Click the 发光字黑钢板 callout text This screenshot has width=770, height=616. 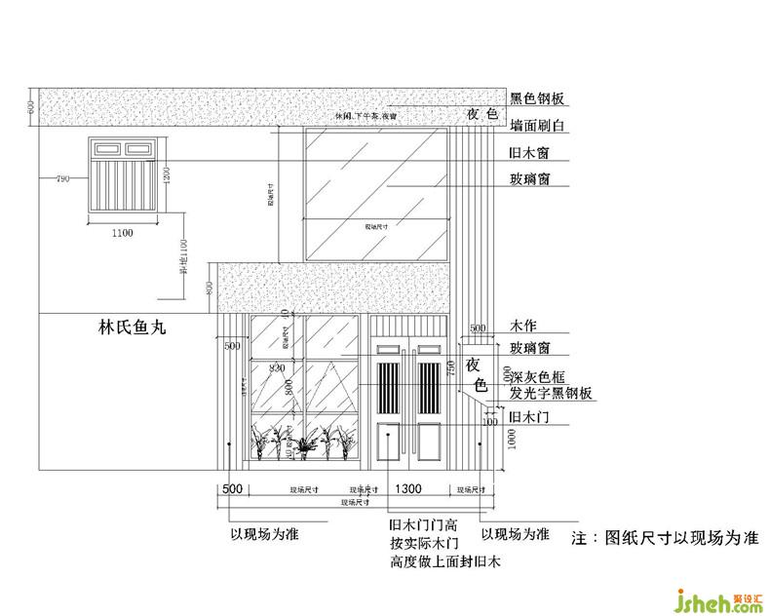pyautogui.click(x=551, y=394)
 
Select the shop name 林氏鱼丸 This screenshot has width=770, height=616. pyautogui.click(x=133, y=328)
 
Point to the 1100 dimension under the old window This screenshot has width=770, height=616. pyautogui.click(x=122, y=233)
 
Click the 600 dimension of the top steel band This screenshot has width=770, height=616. pyautogui.click(x=31, y=107)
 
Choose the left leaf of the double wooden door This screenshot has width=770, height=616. pyautogui.click(x=389, y=402)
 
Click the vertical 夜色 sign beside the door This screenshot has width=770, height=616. pyautogui.click(x=475, y=374)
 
